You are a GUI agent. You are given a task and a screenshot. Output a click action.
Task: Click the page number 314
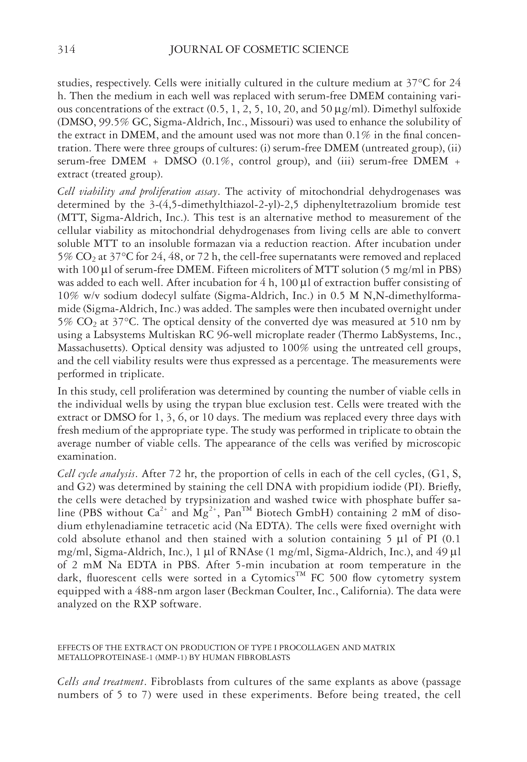tap(66, 50)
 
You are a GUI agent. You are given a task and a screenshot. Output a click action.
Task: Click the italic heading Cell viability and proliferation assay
tap(138, 192)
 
